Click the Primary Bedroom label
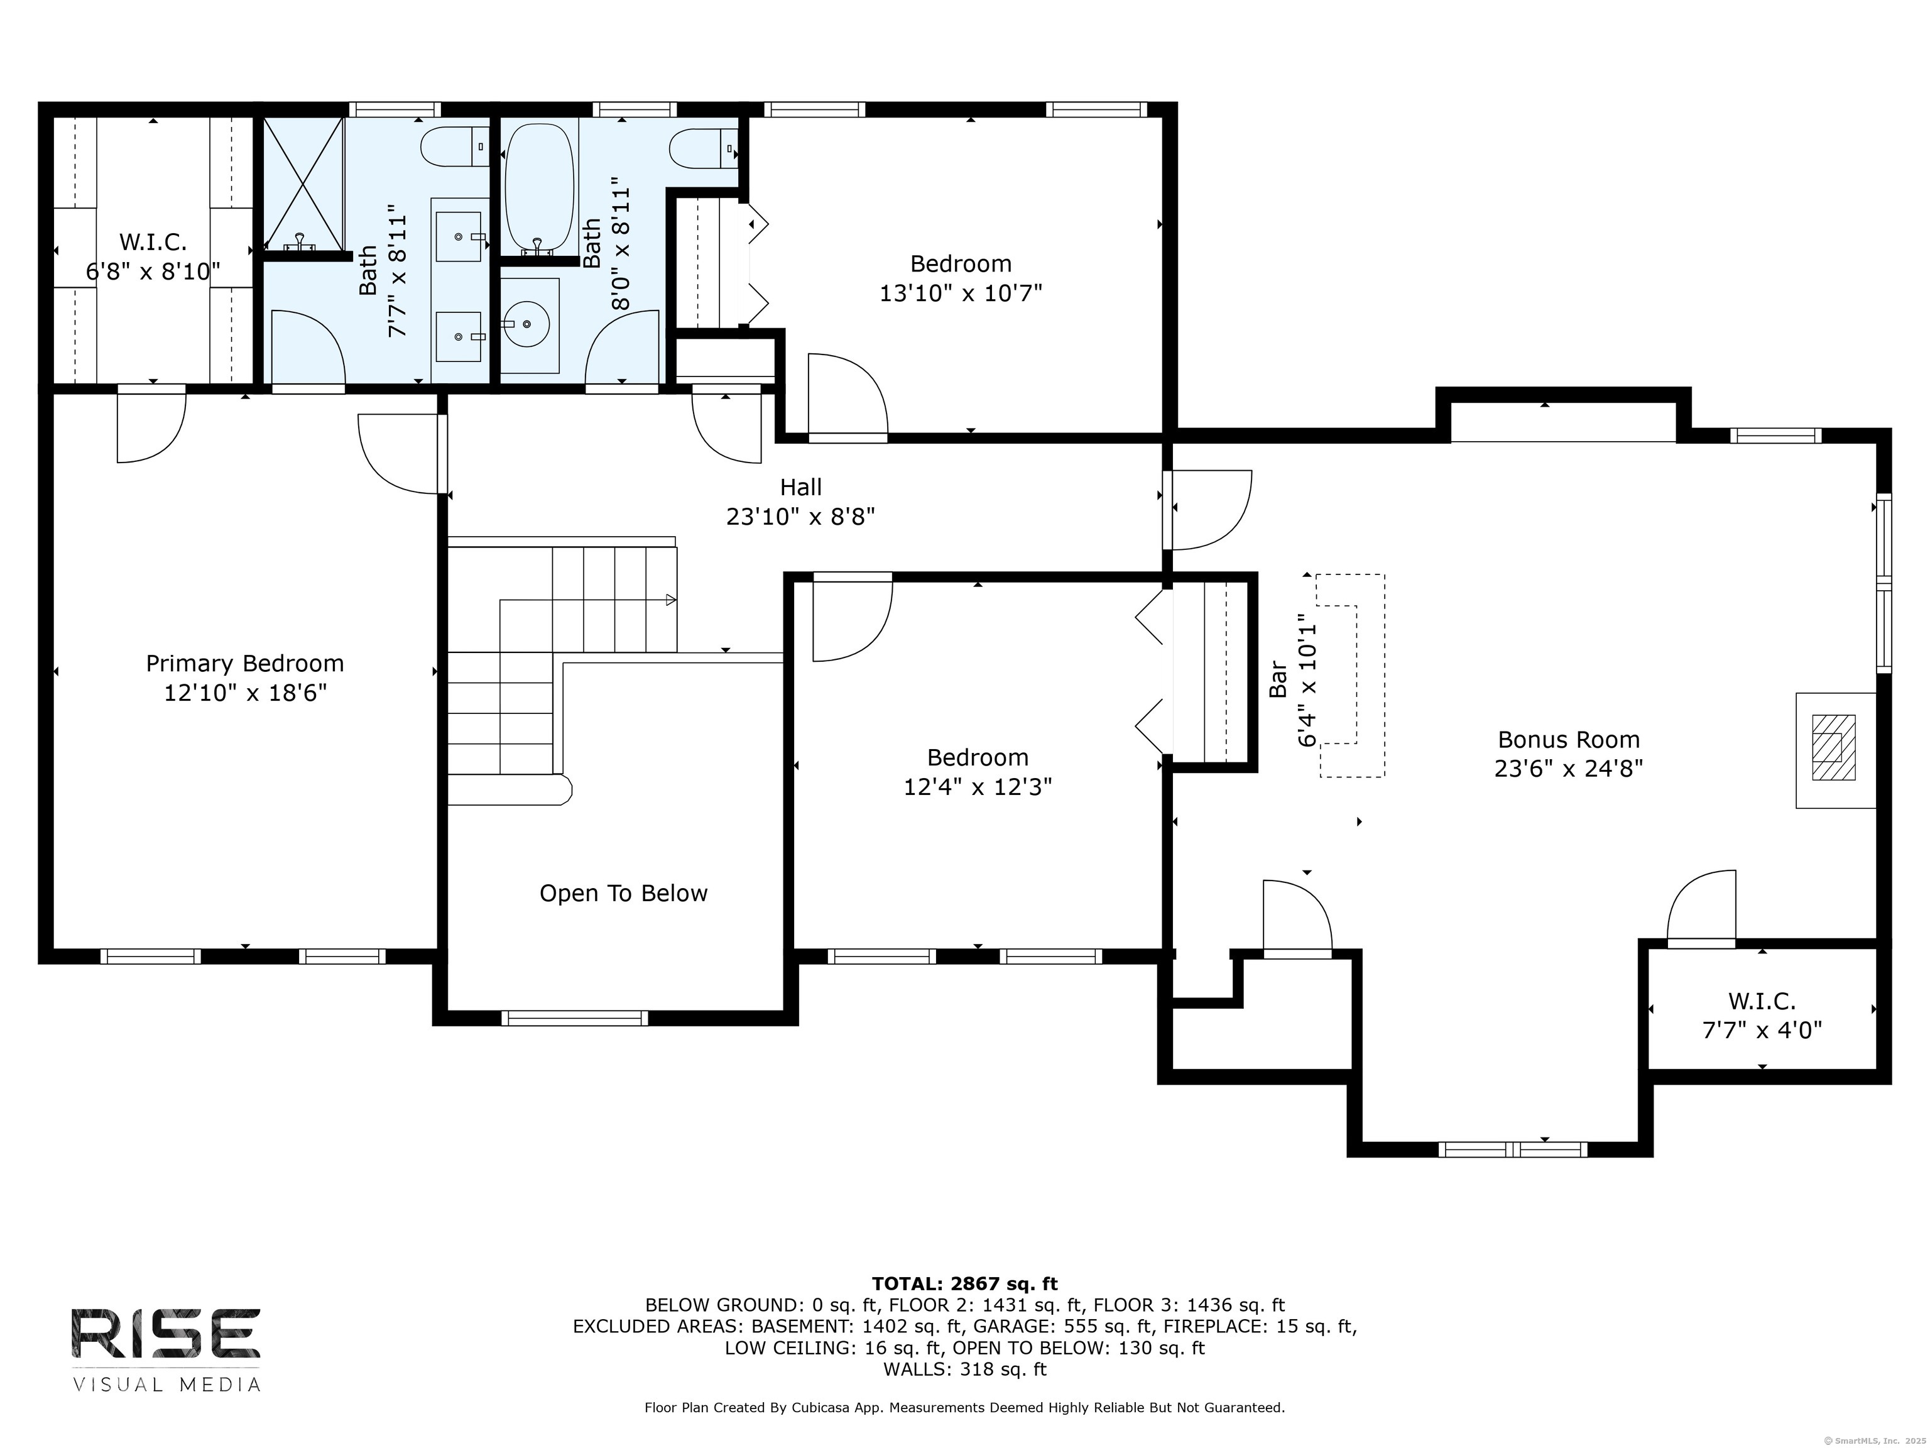point(244,664)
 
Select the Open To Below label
point(623,894)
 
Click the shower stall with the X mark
point(303,184)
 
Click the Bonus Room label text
point(1568,740)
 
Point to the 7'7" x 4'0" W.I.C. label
point(1762,1031)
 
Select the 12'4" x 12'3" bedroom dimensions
point(977,787)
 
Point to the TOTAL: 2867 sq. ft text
point(964,1284)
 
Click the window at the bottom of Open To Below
point(574,1017)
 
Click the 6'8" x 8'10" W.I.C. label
point(153,271)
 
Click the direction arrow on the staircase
point(670,600)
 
